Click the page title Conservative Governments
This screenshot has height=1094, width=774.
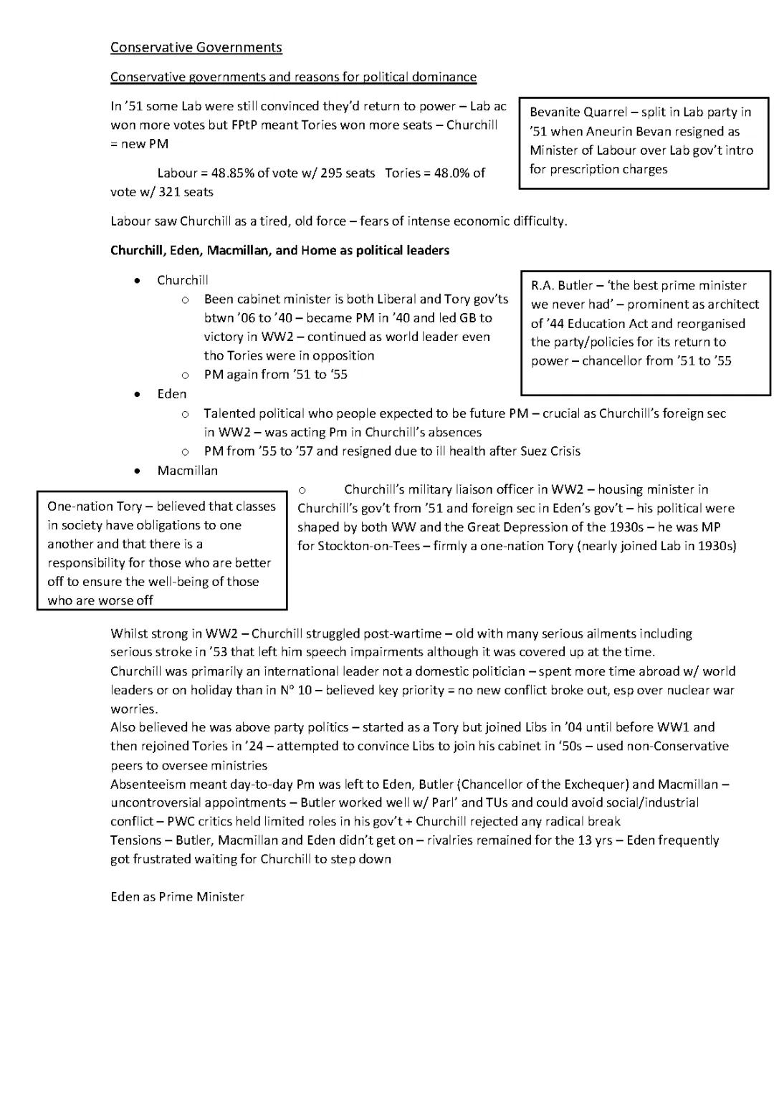pyautogui.click(x=196, y=47)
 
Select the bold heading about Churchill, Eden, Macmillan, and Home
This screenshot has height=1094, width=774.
pyautogui.click(x=279, y=250)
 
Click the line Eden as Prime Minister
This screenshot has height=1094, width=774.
pyautogui.click(x=177, y=896)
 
